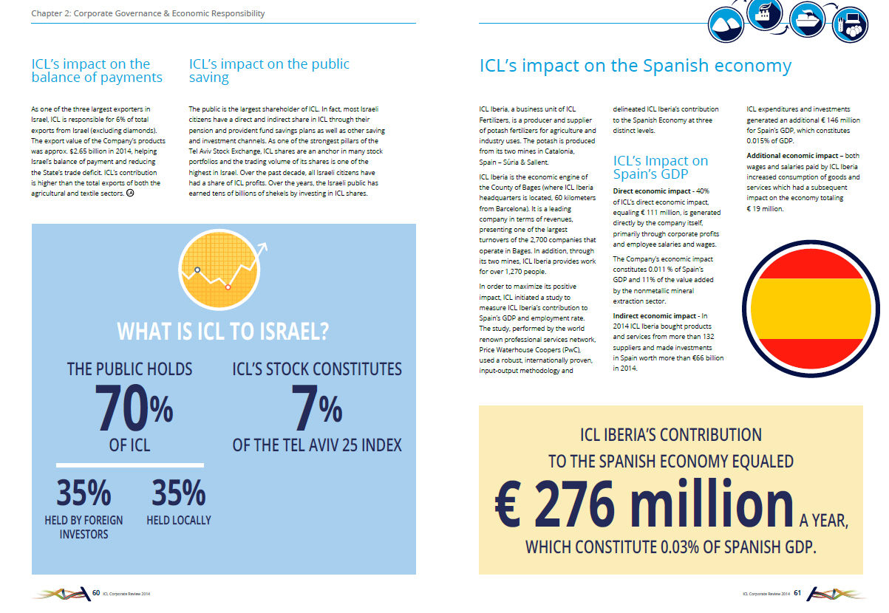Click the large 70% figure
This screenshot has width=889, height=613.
pyautogui.click(x=134, y=408)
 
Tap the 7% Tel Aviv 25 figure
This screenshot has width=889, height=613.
pyautogui.click(x=316, y=408)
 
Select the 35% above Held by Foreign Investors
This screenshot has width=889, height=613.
pyautogui.click(x=84, y=493)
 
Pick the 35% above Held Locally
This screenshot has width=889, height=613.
pyautogui.click(x=179, y=493)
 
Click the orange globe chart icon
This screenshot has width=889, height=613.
pyautogui.click(x=219, y=270)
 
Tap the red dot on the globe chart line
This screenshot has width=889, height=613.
pyautogui.click(x=228, y=287)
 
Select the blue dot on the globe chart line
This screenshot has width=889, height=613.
pyautogui.click(x=197, y=270)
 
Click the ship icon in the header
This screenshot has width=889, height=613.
pyautogui.click(x=806, y=19)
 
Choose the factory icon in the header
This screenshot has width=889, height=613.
pyautogui.click(x=764, y=14)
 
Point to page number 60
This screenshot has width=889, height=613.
pyautogui.click(x=96, y=593)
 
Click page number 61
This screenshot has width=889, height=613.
pyautogui.click(x=797, y=593)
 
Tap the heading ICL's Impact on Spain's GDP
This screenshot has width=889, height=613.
pyautogui.click(x=661, y=167)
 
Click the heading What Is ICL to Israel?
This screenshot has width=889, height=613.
pyautogui.click(x=222, y=332)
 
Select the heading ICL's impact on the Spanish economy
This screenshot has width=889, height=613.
pyautogui.click(x=636, y=66)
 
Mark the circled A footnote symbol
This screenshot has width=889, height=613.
pyautogui.click(x=130, y=194)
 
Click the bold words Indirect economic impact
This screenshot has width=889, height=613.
pyautogui.click(x=654, y=316)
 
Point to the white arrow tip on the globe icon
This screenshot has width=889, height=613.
pyautogui.click(x=265, y=244)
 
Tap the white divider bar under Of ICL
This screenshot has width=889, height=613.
pyautogui.click(x=130, y=465)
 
